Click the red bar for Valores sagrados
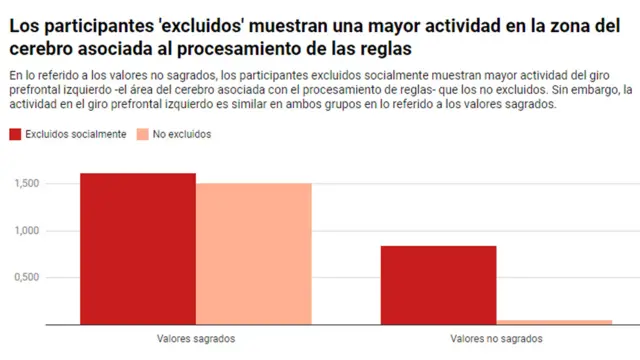tap(138, 249)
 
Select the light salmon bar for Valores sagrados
tap(254, 254)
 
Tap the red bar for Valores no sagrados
tap(438, 285)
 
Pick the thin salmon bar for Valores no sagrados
tap(554, 322)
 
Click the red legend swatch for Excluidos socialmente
tap(15, 134)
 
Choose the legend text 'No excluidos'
tap(184, 134)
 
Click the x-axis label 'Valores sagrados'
tap(196, 339)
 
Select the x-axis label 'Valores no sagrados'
tap(496, 339)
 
